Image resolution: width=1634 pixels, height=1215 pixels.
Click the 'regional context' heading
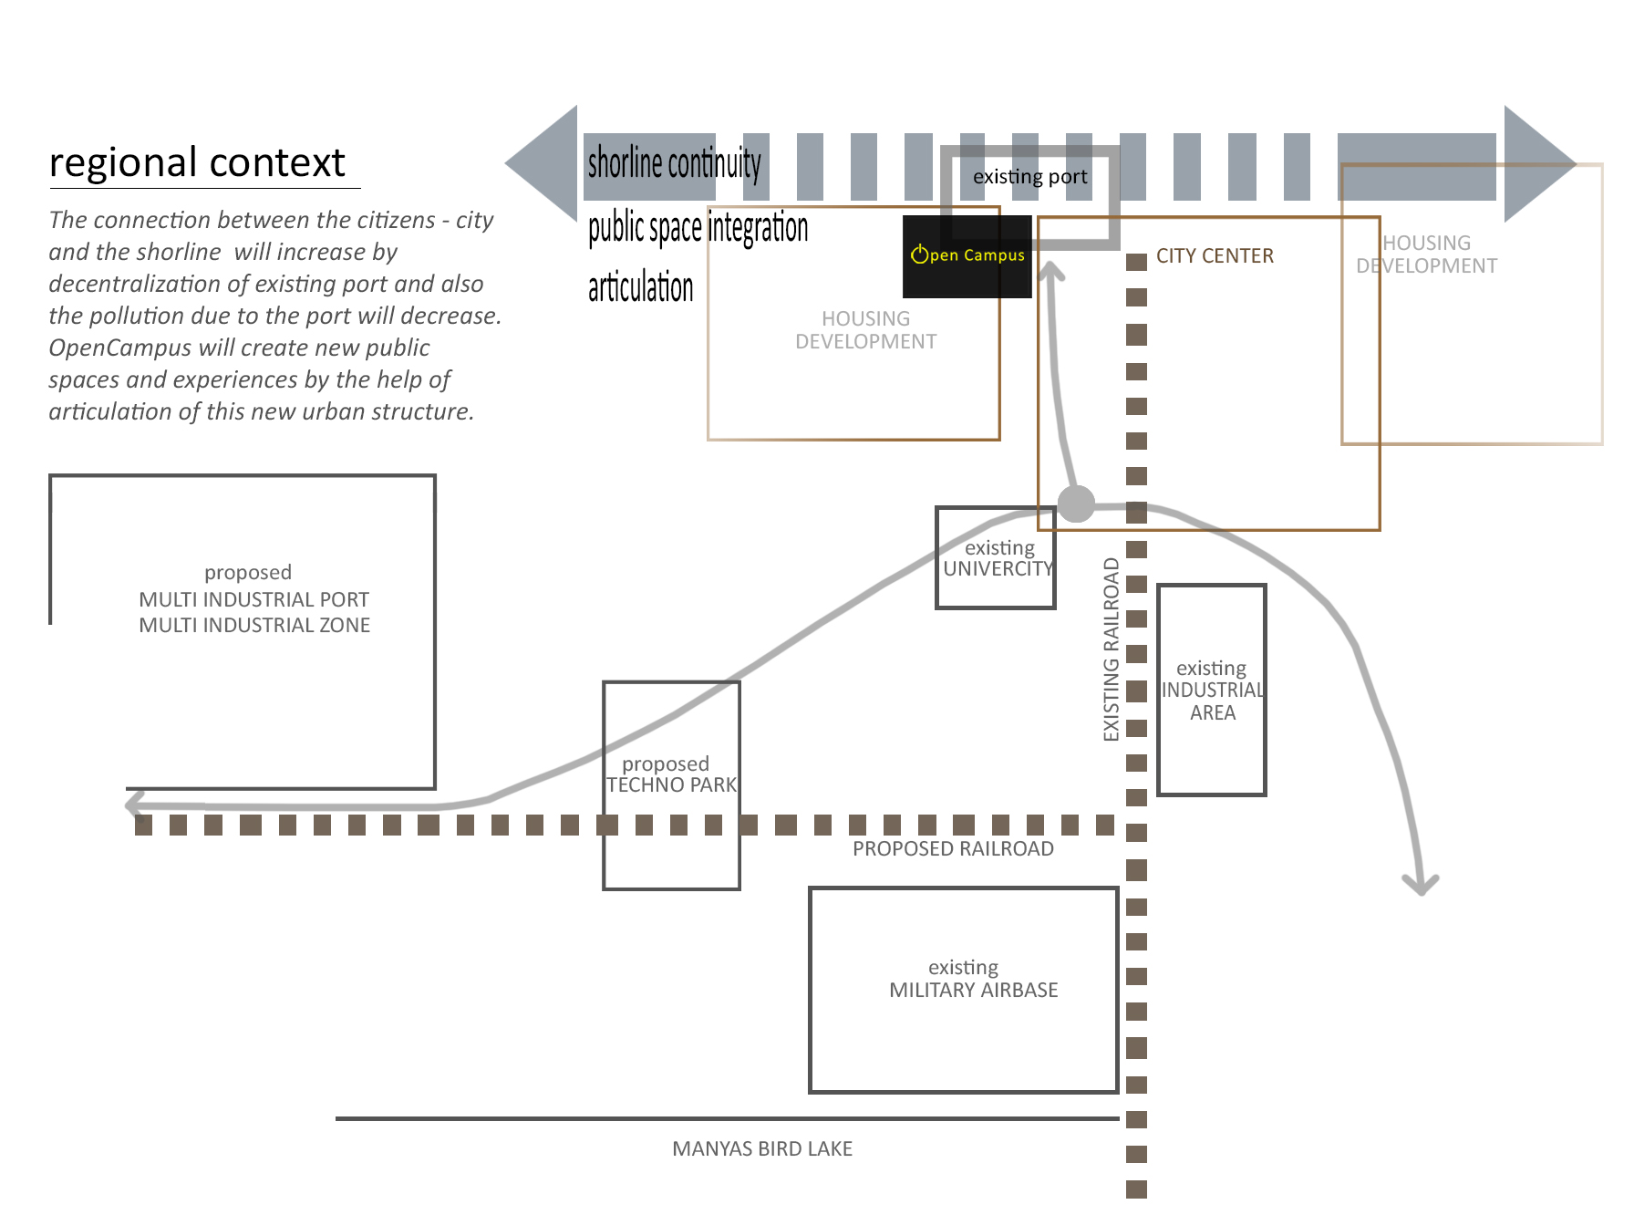point(197,163)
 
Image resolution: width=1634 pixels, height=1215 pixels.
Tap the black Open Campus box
point(967,256)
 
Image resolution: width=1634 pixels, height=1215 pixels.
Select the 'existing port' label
point(1029,177)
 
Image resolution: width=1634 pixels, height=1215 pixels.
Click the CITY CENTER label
point(1215,256)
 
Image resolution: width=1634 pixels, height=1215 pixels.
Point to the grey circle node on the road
point(1076,504)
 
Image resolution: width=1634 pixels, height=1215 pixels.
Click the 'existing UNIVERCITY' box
point(996,557)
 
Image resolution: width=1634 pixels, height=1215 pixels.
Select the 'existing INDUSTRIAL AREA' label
point(1212,691)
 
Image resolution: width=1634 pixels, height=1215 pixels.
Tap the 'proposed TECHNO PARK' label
point(671,774)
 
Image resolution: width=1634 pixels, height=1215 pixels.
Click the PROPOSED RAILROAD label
point(953,849)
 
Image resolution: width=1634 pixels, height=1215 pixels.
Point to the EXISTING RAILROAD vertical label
point(1111,649)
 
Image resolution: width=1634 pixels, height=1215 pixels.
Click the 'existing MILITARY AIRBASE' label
point(973,979)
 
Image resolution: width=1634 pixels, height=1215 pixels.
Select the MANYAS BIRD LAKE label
point(762,1149)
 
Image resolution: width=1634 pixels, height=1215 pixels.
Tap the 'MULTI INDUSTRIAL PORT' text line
point(253,600)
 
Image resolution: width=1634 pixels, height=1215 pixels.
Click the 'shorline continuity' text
point(674,163)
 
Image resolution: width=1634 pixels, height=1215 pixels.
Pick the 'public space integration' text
point(698,228)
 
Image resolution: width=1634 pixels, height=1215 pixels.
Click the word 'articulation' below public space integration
point(640,287)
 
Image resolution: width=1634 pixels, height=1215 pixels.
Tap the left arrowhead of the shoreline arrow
point(543,163)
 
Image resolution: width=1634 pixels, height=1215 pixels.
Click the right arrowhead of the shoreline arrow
point(1539,164)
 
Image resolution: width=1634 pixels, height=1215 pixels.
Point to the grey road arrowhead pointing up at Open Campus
point(1051,270)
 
